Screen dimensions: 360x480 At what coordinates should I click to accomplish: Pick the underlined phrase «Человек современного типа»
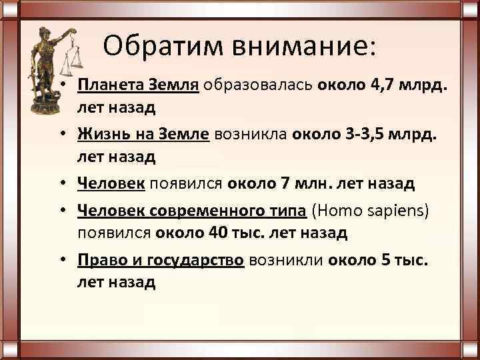[191, 212]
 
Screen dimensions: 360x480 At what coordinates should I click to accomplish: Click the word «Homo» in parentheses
[342, 212]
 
